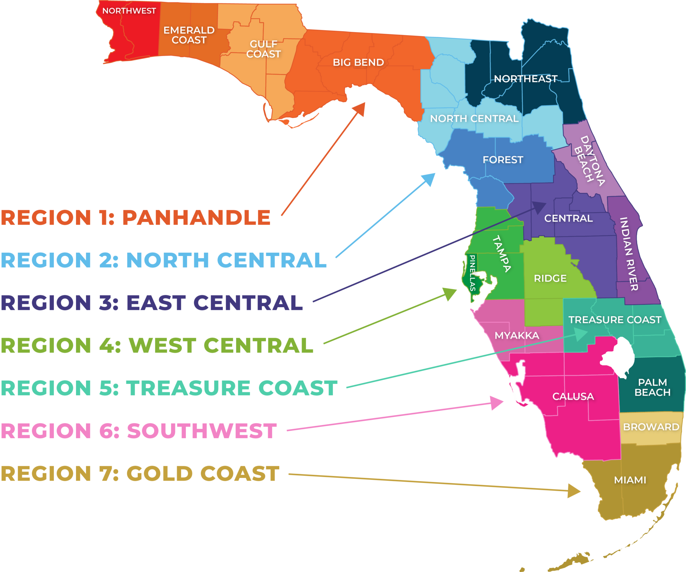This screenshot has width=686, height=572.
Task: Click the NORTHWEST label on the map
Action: [x=129, y=11]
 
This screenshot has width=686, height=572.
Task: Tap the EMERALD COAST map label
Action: [x=189, y=35]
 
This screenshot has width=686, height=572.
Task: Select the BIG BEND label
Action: [x=358, y=63]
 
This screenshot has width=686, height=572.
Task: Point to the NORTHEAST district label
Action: [x=526, y=79]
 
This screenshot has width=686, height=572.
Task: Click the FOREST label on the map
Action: [x=503, y=160]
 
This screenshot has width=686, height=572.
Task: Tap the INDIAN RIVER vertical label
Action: [x=629, y=254]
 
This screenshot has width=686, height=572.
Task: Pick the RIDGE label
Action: [x=550, y=278]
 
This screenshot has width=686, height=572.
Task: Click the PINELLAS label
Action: [x=472, y=273]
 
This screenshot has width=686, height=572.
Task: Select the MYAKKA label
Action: [x=517, y=335]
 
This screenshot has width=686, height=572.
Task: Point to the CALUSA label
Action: [x=573, y=397]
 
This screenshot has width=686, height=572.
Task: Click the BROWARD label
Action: [x=651, y=427]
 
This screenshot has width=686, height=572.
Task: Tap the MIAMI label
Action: [x=630, y=480]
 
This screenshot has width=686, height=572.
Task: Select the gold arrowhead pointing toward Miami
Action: [x=574, y=491]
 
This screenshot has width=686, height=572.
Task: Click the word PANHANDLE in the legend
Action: [x=196, y=218]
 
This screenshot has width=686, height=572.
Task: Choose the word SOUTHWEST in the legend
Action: [x=202, y=431]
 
